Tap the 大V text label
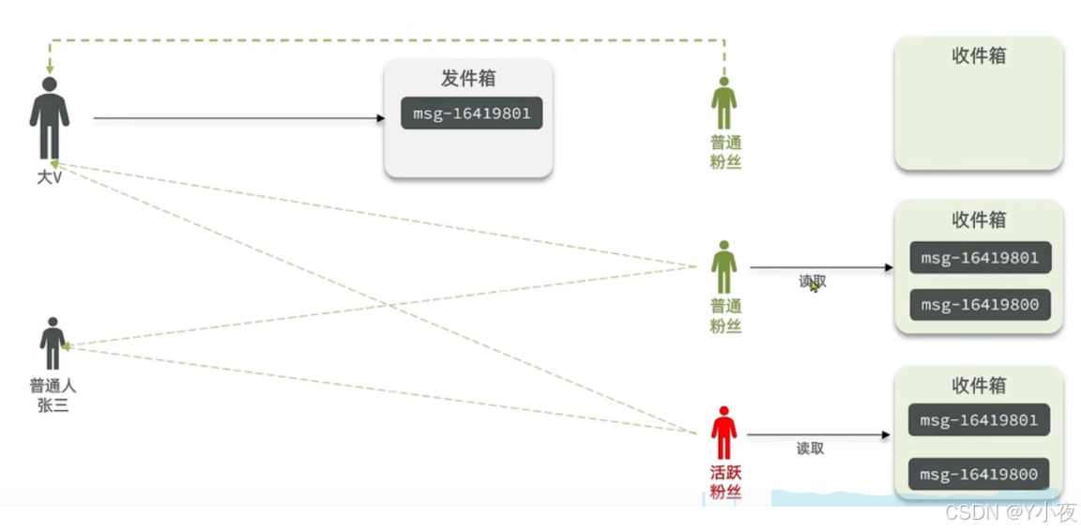coord(49,176)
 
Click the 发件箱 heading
coord(467,78)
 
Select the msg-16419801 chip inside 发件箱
coord(471,114)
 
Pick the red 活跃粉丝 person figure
coord(723,432)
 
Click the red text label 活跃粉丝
coord(724,481)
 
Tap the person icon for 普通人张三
coord(53,343)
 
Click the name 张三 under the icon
coord(53,405)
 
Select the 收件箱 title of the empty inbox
coord(978,56)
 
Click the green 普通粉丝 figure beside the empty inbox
coord(723,103)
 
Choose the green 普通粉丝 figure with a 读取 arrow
coord(723,267)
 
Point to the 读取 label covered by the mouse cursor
coord(813,281)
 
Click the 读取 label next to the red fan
coord(810,448)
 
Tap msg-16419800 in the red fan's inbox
coord(979,474)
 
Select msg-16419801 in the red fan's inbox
coord(979,419)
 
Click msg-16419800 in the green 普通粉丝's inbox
coord(980,305)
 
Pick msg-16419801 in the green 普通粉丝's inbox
coord(980,257)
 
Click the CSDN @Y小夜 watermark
coord(1010,512)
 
